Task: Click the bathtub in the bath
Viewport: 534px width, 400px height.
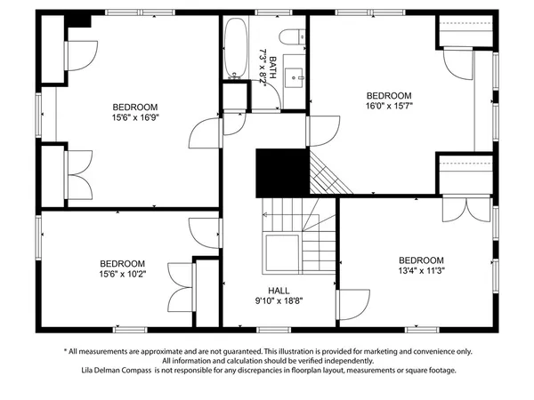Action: (x=236, y=49)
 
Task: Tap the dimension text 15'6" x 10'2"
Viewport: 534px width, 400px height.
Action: (x=122, y=275)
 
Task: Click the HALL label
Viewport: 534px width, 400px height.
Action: (x=279, y=291)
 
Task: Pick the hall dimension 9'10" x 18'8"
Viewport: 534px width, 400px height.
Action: (x=279, y=301)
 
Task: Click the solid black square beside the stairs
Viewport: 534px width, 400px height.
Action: (x=281, y=172)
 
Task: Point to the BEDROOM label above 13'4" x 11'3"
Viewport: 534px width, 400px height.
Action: (x=420, y=260)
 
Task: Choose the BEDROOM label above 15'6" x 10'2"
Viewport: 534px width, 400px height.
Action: (x=122, y=263)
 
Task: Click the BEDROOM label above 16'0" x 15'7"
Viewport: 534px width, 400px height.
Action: (x=390, y=95)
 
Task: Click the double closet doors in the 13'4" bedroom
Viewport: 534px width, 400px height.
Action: (x=463, y=210)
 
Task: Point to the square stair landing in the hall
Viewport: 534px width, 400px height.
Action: (x=281, y=257)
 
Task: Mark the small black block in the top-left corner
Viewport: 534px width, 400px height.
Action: (x=78, y=20)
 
